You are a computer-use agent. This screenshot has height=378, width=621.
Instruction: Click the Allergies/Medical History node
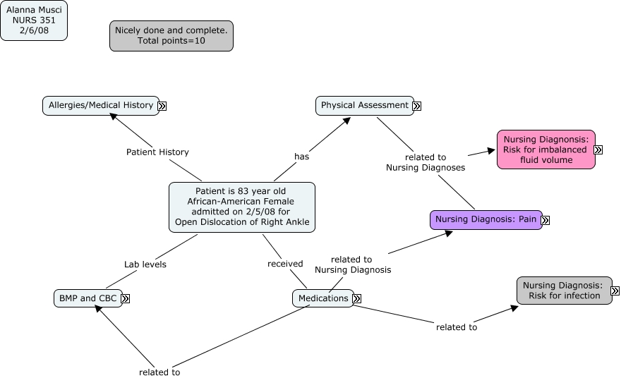(x=101, y=105)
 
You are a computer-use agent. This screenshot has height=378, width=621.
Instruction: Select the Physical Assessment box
(x=364, y=105)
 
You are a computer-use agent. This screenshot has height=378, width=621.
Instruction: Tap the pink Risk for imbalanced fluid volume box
(x=545, y=150)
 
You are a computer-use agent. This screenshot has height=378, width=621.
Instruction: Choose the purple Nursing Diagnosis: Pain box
(x=486, y=219)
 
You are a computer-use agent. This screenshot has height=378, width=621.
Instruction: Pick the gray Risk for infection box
(x=563, y=290)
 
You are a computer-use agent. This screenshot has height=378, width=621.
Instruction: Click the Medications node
(x=323, y=298)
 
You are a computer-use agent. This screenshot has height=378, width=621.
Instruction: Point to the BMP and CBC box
(x=88, y=298)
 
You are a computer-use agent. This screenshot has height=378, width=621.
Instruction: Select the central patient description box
(x=242, y=207)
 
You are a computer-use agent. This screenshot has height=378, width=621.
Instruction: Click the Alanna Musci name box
(x=34, y=20)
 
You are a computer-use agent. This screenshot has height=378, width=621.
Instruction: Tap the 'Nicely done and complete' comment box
(x=171, y=36)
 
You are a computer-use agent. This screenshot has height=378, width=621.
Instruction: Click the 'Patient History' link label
(x=157, y=152)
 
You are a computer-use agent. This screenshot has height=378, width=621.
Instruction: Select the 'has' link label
(x=302, y=156)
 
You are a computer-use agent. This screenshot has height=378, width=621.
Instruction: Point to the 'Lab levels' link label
(x=145, y=264)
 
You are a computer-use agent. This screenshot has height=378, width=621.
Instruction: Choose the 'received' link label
(x=285, y=264)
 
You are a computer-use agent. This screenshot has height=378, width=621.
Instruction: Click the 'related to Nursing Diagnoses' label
(x=426, y=162)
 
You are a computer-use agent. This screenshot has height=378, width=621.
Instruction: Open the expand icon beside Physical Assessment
(x=417, y=106)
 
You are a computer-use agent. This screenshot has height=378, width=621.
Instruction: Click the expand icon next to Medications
(x=357, y=299)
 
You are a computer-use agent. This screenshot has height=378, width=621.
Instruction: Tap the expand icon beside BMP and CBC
(x=126, y=299)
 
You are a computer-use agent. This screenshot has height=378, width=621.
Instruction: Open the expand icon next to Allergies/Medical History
(x=162, y=106)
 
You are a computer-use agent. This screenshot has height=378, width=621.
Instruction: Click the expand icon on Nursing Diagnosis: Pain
(x=545, y=220)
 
